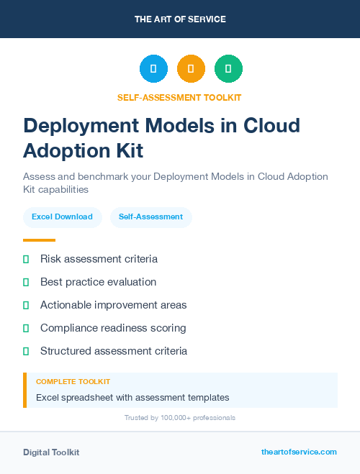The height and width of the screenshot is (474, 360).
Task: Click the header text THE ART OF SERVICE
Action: tap(180, 19)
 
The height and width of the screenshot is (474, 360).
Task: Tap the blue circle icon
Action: tap(153, 69)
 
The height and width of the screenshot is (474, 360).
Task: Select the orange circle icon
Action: tap(191, 69)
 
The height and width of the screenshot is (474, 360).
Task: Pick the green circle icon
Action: tap(228, 69)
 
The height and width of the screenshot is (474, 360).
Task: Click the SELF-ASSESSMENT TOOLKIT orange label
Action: tap(180, 97)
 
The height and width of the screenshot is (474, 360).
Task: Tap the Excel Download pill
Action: tap(62, 217)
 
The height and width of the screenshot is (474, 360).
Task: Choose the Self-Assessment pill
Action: tap(150, 217)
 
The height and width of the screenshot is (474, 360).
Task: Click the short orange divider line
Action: tap(39, 240)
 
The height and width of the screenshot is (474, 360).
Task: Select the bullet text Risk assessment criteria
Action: tap(99, 259)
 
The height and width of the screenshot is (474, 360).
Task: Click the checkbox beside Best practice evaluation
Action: tap(26, 282)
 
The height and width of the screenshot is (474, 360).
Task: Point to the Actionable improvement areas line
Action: tap(113, 305)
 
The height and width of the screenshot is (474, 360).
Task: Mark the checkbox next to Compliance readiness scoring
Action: tap(26, 328)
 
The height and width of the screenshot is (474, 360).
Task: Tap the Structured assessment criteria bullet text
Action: tap(114, 351)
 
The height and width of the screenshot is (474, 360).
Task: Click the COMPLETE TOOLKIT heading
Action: tap(73, 382)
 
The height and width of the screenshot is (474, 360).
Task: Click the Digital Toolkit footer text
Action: tap(51, 452)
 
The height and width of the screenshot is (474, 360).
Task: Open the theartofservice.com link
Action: tap(299, 452)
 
